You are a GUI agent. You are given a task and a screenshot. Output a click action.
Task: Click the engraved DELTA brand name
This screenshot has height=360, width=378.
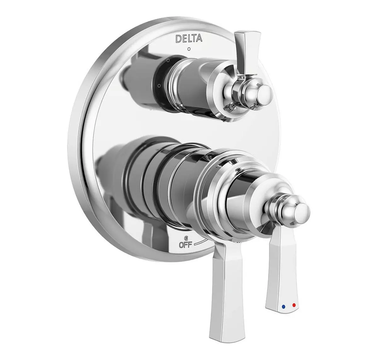tap(189, 38)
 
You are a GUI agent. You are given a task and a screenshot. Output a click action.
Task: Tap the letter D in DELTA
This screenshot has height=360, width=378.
tap(178, 39)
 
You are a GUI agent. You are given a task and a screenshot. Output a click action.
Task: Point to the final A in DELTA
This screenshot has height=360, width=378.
tap(199, 38)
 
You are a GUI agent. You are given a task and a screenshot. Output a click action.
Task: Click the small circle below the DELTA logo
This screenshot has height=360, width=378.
tap(189, 49)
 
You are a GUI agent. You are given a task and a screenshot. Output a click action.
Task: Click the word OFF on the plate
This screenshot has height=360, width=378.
tap(185, 245)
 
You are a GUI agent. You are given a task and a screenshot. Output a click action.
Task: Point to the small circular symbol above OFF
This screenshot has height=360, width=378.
tap(186, 237)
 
